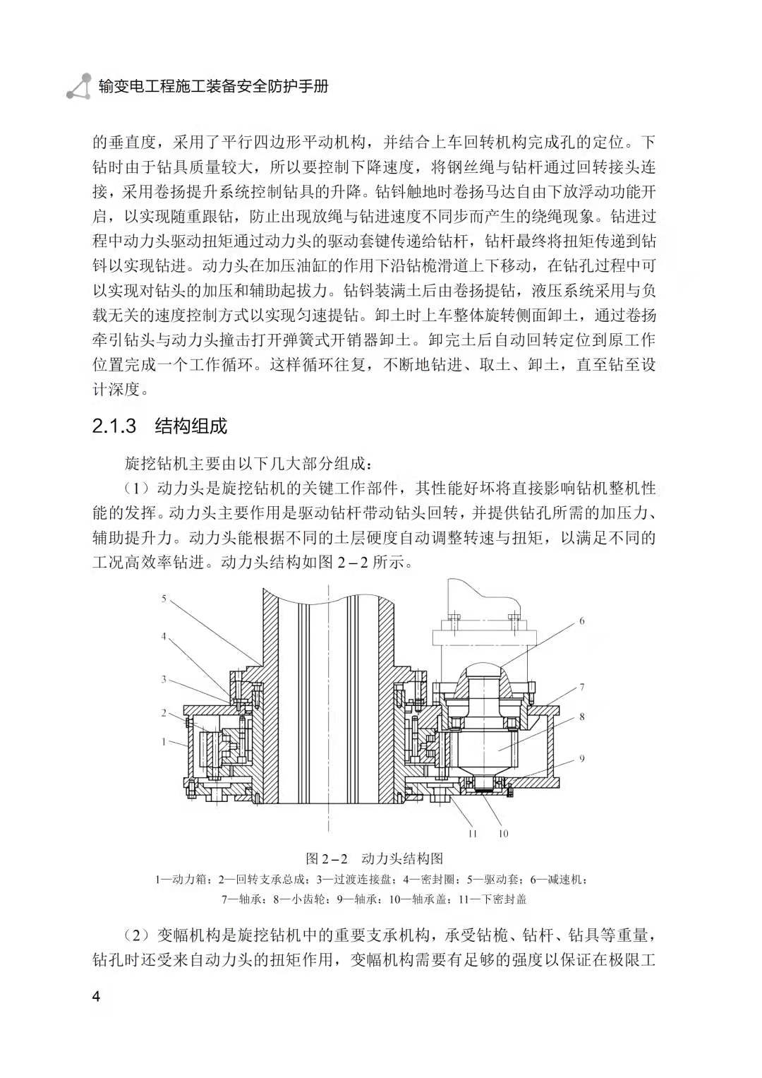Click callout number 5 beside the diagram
click(164, 599)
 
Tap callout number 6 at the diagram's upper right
click(582, 621)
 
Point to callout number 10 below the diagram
click(503, 834)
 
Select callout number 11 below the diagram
click(473, 834)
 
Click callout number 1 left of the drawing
click(164, 742)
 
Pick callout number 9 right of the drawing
click(582, 759)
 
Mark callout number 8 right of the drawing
click(582, 717)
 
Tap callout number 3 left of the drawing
click(164, 679)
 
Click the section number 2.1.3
click(114, 427)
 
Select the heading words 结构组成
click(191, 427)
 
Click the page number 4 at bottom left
click(97, 997)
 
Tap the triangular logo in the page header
click(78, 86)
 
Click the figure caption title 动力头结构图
click(402, 859)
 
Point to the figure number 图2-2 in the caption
click(328, 859)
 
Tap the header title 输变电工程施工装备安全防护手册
click(213, 86)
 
